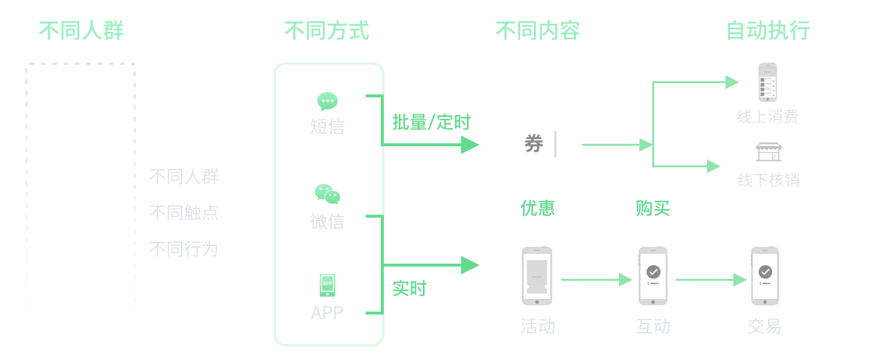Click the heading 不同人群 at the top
click(x=82, y=31)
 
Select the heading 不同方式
click(x=327, y=31)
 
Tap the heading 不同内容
click(x=538, y=31)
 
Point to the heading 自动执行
click(x=768, y=31)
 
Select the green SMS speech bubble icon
click(x=327, y=101)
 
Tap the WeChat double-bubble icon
click(x=327, y=194)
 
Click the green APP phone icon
click(x=327, y=285)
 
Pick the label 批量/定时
click(x=431, y=122)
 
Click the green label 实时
click(x=410, y=289)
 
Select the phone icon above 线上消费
click(x=768, y=82)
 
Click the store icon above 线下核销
click(x=769, y=152)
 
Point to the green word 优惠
click(x=538, y=208)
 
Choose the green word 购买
click(x=653, y=208)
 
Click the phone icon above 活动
click(x=537, y=276)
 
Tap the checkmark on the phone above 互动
click(x=653, y=271)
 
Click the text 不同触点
click(x=184, y=213)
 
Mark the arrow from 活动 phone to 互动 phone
click(x=596, y=280)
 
